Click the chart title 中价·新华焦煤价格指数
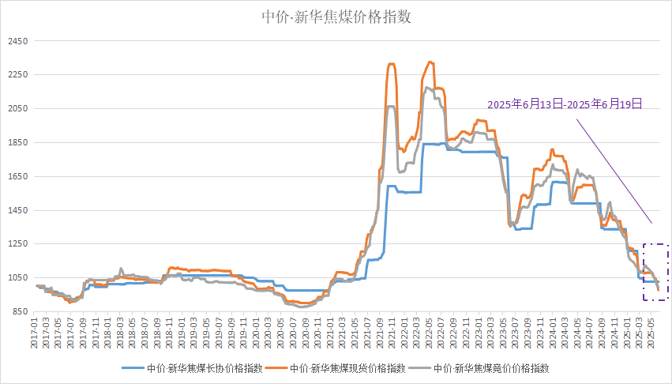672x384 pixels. (x=336, y=17)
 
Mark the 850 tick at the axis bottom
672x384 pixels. (x=18, y=312)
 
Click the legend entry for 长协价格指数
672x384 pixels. (x=186, y=368)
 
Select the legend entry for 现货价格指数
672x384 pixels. (x=336, y=368)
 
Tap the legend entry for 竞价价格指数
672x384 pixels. (x=486, y=368)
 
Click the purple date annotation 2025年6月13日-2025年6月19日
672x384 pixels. (x=564, y=104)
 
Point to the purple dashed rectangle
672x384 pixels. (x=655, y=272)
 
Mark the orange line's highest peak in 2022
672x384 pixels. (x=430, y=62)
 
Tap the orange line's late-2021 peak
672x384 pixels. (x=391, y=63)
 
